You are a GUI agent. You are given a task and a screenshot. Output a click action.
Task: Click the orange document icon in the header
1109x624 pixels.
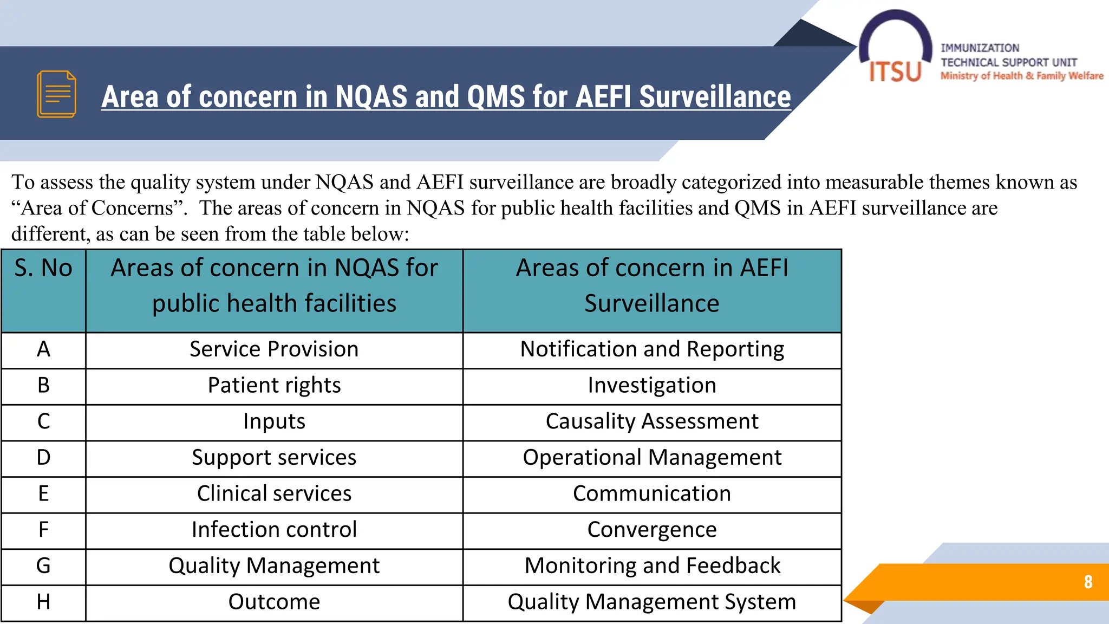click(56, 94)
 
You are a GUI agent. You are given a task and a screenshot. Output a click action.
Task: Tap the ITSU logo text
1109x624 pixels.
click(895, 71)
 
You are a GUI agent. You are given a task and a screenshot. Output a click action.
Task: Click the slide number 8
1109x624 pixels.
click(1088, 582)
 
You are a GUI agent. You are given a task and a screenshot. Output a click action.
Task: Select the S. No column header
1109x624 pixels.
click(43, 268)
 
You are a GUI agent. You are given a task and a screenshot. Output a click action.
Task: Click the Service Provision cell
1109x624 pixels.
click(274, 349)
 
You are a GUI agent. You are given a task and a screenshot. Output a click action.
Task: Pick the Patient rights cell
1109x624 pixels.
click(274, 386)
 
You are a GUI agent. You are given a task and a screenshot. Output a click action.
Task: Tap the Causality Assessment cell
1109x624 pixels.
click(652, 421)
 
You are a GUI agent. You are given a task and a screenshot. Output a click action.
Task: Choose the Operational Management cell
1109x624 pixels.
click(652, 458)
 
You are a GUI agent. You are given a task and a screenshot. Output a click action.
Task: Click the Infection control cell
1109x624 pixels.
click(274, 530)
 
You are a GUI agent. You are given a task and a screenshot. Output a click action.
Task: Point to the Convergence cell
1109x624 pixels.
click(652, 530)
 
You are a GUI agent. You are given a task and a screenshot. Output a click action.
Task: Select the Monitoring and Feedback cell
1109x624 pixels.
click(652, 566)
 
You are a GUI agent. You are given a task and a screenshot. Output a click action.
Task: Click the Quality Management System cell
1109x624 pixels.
click(652, 602)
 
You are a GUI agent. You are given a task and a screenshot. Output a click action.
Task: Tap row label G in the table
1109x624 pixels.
click(43, 566)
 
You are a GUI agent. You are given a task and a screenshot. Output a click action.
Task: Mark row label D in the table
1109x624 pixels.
click(43, 458)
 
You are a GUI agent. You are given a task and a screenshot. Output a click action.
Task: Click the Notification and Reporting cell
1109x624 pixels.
click(652, 349)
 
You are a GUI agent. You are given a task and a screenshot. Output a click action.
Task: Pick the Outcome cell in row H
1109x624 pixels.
click(274, 602)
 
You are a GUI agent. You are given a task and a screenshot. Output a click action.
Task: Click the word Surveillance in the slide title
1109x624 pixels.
click(715, 97)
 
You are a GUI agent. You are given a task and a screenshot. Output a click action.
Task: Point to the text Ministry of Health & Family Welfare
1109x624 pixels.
click(1022, 76)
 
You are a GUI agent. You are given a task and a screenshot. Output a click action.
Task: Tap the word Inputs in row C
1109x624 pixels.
click(274, 421)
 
